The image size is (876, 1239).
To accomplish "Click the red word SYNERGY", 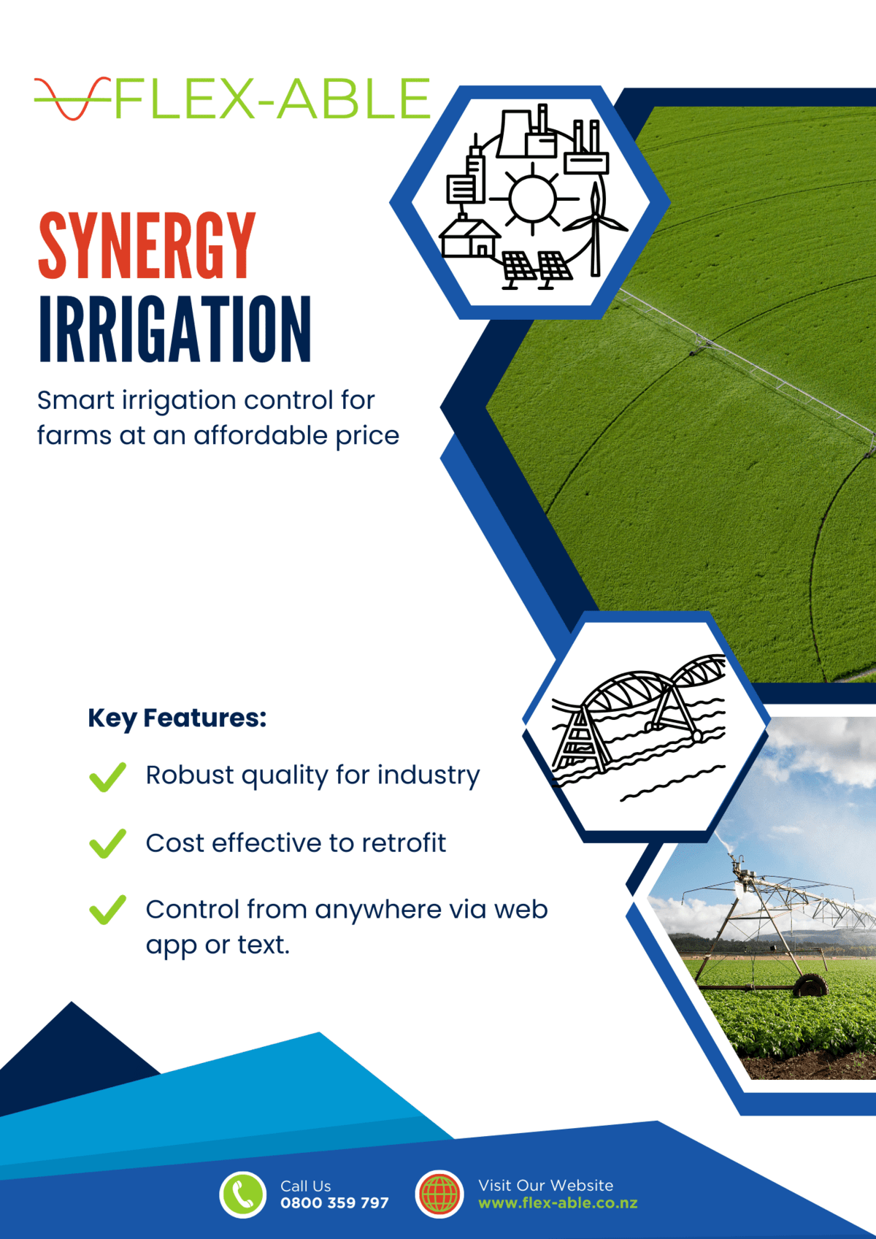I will [147, 246].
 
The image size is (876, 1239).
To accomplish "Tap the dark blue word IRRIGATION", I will [174, 329].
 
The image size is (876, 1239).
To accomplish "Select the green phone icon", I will [243, 1194].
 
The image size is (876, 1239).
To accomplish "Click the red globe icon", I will [439, 1194].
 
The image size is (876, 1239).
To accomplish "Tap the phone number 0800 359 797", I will [334, 1202].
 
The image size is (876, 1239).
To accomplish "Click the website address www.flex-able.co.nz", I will [558, 1202].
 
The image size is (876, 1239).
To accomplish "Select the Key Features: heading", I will [177, 718].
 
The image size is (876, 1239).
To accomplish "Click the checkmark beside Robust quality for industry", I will [107, 777].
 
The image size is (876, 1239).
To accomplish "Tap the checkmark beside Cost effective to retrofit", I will [107, 843].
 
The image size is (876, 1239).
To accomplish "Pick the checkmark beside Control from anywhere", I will [107, 910].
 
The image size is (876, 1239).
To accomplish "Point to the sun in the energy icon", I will [533, 198].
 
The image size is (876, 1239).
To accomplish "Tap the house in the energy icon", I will [469, 237].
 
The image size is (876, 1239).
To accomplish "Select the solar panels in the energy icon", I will [537, 268].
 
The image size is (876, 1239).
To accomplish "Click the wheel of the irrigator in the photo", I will [810, 985].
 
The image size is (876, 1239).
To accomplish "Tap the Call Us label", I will [305, 1186].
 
